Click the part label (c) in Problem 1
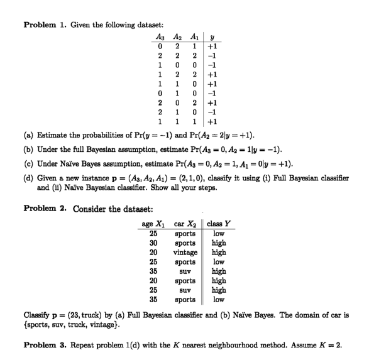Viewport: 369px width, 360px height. click(x=29, y=160)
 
